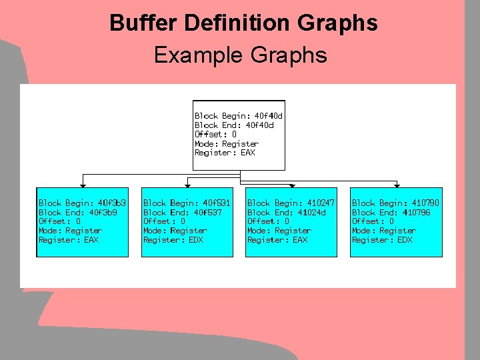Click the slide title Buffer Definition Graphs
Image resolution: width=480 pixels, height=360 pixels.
[x=243, y=23]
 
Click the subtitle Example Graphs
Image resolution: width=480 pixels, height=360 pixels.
[x=240, y=54]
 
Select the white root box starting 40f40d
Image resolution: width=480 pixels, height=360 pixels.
[x=239, y=135]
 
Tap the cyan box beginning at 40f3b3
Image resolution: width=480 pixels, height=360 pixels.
[x=81, y=222]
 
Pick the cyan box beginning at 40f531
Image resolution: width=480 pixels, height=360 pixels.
[x=187, y=222]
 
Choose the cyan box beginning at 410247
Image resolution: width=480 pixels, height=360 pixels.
[x=291, y=222]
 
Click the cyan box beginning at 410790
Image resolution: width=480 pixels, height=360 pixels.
[x=396, y=222]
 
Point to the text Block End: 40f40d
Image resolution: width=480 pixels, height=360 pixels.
[x=234, y=125]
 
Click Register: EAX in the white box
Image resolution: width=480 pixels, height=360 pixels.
[x=225, y=153]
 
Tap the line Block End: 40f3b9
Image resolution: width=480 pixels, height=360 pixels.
[x=77, y=212]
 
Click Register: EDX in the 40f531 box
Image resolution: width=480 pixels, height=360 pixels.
[x=173, y=240]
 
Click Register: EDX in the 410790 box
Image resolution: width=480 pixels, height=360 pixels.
[x=382, y=240]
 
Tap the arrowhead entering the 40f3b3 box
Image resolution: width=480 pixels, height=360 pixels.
[x=82, y=185]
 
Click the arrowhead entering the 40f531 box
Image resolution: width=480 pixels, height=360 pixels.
[x=193, y=185]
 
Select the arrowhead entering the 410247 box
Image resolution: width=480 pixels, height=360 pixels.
[x=291, y=185]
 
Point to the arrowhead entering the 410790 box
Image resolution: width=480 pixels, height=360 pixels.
[x=397, y=185]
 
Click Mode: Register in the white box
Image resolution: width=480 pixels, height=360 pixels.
[x=226, y=143]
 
